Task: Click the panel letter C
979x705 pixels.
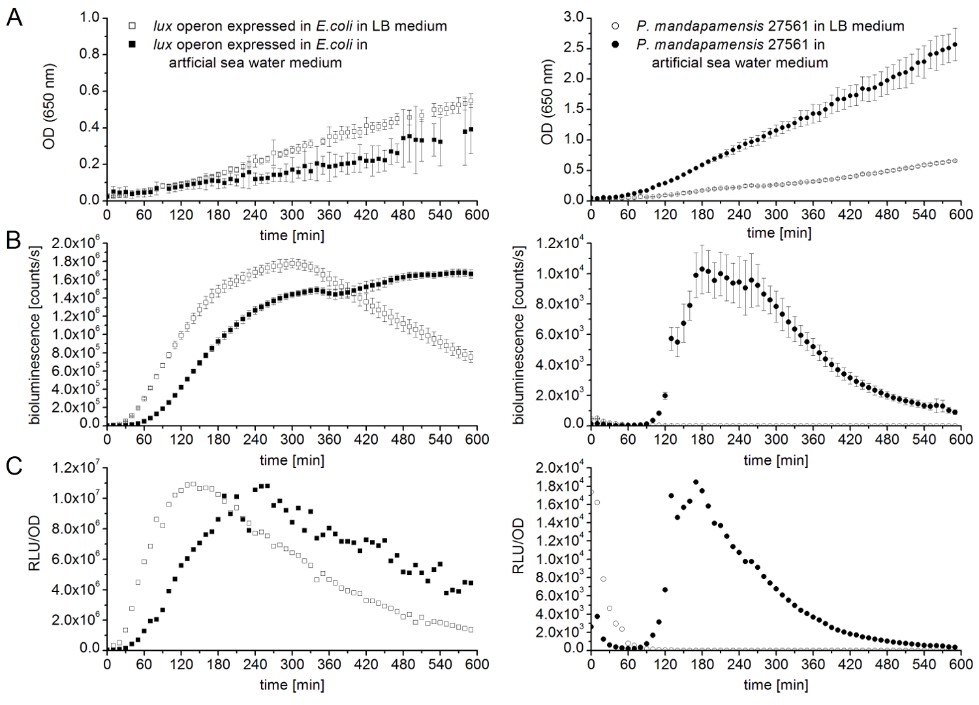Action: [14, 466]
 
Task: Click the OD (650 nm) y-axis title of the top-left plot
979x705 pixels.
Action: [50, 107]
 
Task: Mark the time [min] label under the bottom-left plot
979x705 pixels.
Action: [292, 685]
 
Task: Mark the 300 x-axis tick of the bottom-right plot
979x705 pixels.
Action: [776, 665]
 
